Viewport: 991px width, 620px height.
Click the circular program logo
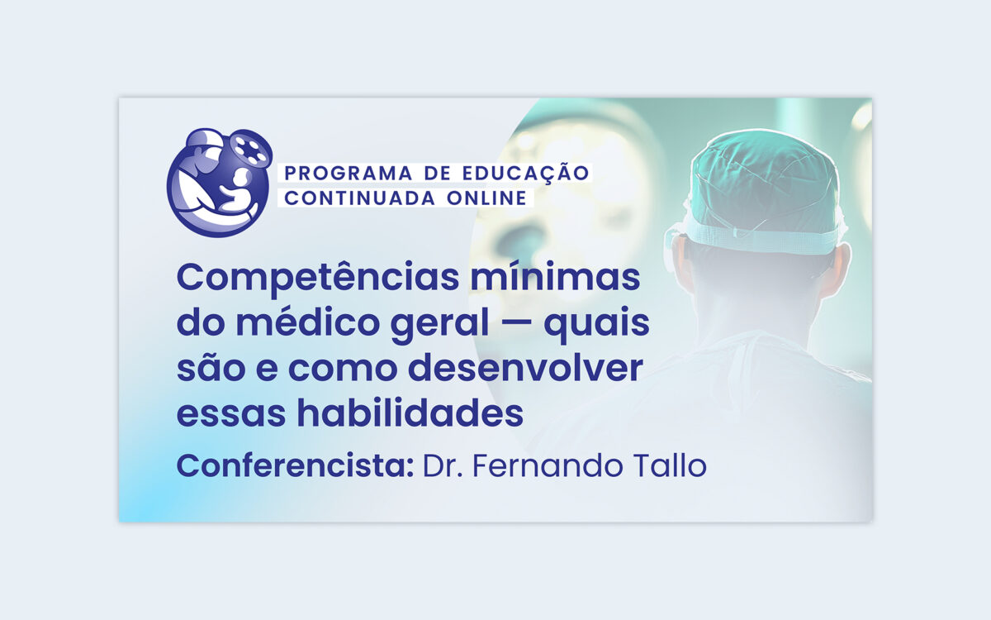pyautogui.click(x=219, y=183)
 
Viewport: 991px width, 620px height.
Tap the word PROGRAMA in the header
pyautogui.click(x=349, y=173)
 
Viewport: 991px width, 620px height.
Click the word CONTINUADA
pyautogui.click(x=359, y=198)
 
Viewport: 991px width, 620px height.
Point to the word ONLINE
pyautogui.click(x=486, y=198)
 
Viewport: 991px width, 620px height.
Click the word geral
pyautogui.click(x=439, y=326)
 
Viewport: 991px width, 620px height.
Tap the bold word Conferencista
pyautogui.click(x=295, y=466)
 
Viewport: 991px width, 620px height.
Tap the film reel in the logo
pyautogui.click(x=251, y=147)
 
